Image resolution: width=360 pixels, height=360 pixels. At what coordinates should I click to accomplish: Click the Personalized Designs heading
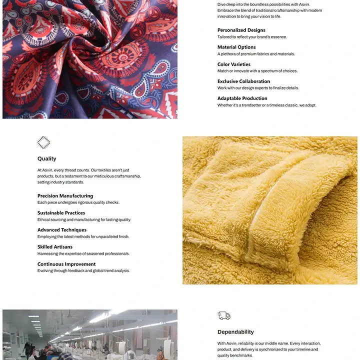pos(241,30)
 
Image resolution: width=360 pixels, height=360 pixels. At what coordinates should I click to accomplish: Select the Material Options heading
pos(236,47)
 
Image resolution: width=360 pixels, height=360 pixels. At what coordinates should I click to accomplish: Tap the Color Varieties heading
pos(234,64)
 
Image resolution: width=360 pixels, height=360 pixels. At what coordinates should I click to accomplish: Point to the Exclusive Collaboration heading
pos(243,81)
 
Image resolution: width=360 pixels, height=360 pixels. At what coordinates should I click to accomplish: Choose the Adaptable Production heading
pos(242,98)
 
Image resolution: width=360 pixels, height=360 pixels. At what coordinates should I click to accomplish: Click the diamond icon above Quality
pos(44,142)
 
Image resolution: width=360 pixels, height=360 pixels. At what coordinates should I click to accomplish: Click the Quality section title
pos(47,158)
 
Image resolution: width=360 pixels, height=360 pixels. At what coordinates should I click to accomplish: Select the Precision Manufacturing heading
pos(65,195)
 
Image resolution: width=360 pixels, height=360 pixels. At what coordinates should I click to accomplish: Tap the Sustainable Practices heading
pos(61,212)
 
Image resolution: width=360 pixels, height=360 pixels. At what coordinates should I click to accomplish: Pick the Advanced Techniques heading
pos(62,229)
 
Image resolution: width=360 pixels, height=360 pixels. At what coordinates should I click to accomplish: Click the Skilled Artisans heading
pos(55,246)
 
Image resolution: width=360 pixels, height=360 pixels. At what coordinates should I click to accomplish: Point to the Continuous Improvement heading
pos(66,263)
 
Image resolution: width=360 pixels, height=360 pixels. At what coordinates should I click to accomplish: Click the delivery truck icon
pos(224,315)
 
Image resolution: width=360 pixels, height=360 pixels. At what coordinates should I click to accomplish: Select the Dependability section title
pos(235,331)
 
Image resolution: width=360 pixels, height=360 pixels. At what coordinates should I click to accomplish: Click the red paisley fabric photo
pos(90,59)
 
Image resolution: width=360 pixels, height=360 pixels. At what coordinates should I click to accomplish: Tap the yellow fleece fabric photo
pos(270,210)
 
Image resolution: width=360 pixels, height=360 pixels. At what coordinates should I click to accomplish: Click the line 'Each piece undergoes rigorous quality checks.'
pos(78,202)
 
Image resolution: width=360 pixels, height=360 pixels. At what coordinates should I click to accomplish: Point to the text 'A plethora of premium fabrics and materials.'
pos(256,54)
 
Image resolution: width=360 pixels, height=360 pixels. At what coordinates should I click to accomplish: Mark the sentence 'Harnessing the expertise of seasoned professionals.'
pos(83,253)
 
